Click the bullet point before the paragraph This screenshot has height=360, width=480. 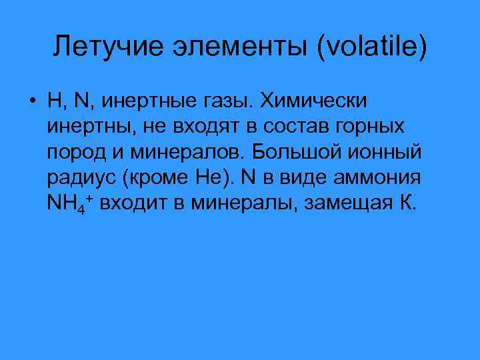pyautogui.click(x=32, y=102)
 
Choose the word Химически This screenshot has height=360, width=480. pyautogui.click(x=313, y=102)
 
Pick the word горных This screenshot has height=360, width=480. pyautogui.click(x=371, y=127)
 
